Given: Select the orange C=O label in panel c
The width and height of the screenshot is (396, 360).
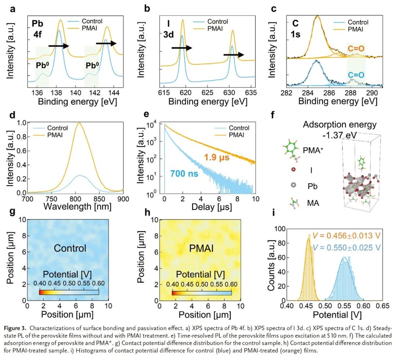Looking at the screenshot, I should (355, 47).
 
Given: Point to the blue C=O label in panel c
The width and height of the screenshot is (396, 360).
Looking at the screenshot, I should (356, 74).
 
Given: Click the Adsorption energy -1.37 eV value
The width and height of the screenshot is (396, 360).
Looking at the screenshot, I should (340, 130).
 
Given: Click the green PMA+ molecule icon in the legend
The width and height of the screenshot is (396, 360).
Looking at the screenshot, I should (291, 150).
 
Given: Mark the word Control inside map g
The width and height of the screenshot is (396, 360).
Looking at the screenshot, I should (70, 248).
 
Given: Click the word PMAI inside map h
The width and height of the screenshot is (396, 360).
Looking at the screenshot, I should (201, 248).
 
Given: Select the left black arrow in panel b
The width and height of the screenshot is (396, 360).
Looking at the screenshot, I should (181, 48).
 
